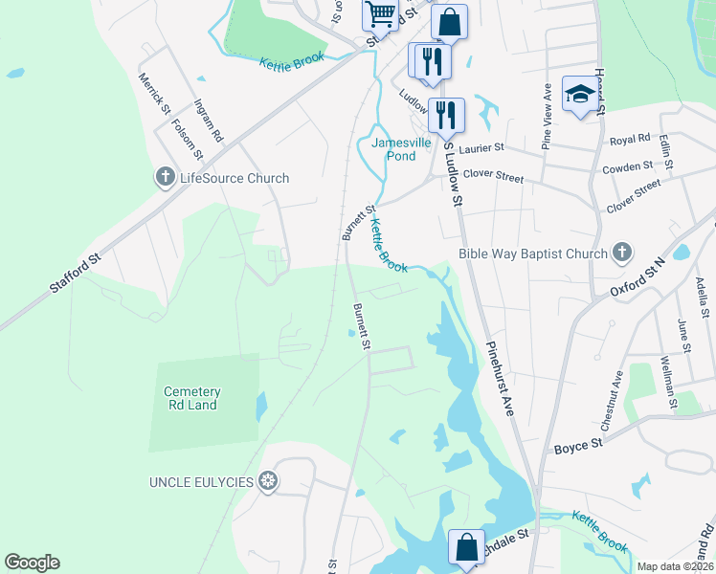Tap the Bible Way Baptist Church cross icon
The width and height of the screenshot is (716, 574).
coord(622,254)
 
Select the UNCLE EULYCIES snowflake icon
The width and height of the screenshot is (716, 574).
coord(270,481)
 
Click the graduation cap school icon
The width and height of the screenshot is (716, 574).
coord(578,94)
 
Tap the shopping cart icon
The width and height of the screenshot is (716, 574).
coord(380,14)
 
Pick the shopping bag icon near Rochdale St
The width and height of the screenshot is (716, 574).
coord(466,548)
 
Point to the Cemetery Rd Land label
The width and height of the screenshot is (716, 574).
coord(191,398)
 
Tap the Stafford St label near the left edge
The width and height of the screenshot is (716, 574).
coord(76,274)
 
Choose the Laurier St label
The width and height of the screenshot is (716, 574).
coord(481,148)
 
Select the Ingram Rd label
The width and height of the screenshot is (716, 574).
coord(208,122)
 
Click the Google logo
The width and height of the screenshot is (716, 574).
coord(32,563)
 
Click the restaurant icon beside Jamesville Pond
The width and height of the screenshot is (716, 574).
coord(446,115)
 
